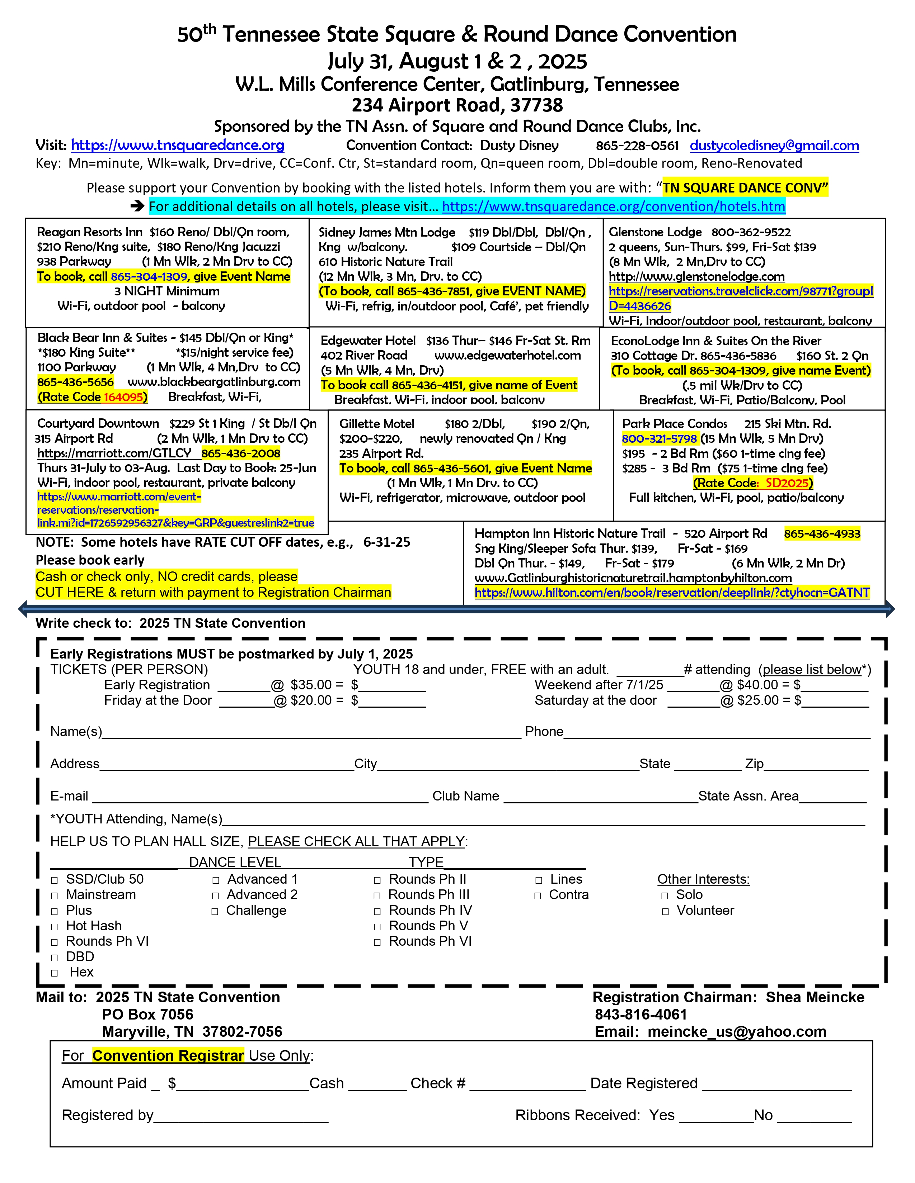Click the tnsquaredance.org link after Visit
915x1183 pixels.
click(x=177, y=146)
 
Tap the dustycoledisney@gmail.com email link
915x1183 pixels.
click(x=774, y=146)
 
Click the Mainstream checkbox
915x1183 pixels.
click(x=54, y=895)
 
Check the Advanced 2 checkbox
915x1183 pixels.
click(x=216, y=895)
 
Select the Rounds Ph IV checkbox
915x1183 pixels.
click(x=377, y=911)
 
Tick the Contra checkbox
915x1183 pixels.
click(x=538, y=895)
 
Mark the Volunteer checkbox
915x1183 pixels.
click(x=665, y=911)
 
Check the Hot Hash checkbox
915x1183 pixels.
click(x=54, y=927)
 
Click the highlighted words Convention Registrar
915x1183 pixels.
click(x=168, y=1056)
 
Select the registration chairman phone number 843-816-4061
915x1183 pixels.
click(x=641, y=1015)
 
